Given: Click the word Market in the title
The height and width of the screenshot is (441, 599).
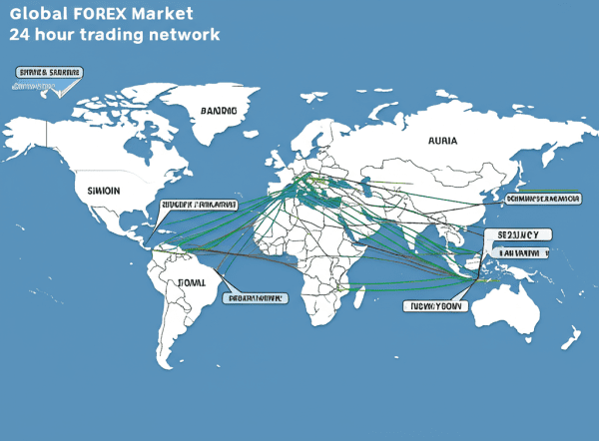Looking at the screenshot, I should (164, 15).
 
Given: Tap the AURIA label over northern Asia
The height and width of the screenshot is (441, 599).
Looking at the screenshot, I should (442, 141).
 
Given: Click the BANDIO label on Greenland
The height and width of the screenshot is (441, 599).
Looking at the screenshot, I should (219, 111).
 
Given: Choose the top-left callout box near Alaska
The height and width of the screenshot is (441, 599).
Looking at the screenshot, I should (50, 73).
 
